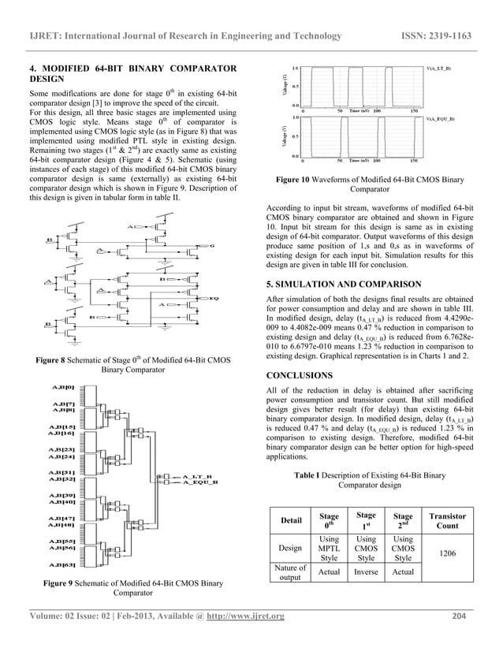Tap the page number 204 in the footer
[461, 616]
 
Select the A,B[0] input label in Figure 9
[63, 388]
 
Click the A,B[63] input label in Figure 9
[63, 564]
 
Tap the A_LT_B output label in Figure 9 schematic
[195, 476]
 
